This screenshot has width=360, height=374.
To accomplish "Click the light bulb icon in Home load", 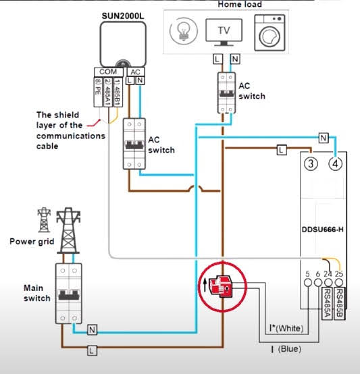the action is tap(184, 31).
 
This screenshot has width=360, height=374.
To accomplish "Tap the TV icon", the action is tap(224, 32).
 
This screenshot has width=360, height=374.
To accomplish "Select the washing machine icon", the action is tap(269, 32).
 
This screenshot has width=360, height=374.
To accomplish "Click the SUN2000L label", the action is tap(123, 16).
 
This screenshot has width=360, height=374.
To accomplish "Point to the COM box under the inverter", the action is tap(109, 72).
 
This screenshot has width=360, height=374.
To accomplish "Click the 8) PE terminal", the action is tap(98, 92).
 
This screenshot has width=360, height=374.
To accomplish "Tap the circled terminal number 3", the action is tap(311, 163).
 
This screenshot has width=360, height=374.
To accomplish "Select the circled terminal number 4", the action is tap(336, 163).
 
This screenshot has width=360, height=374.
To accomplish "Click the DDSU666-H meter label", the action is tap(323, 230).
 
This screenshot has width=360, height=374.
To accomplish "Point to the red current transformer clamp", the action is tap(221, 286).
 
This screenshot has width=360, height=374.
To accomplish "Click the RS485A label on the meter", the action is tap(327, 303).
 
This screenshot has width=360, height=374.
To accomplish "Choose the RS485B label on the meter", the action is tap(339, 303).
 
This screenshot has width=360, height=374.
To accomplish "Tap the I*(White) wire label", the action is tap(286, 328).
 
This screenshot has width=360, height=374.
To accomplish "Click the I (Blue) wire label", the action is tap(286, 349).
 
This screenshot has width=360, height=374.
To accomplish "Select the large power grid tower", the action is tap(68, 230).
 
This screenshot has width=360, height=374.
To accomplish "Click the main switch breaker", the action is tap(69, 294).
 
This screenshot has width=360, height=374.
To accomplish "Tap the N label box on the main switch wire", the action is tap(92, 330).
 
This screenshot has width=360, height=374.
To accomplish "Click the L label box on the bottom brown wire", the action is tap(92, 350).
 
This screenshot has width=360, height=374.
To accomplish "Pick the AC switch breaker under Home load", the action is tap(226, 92).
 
